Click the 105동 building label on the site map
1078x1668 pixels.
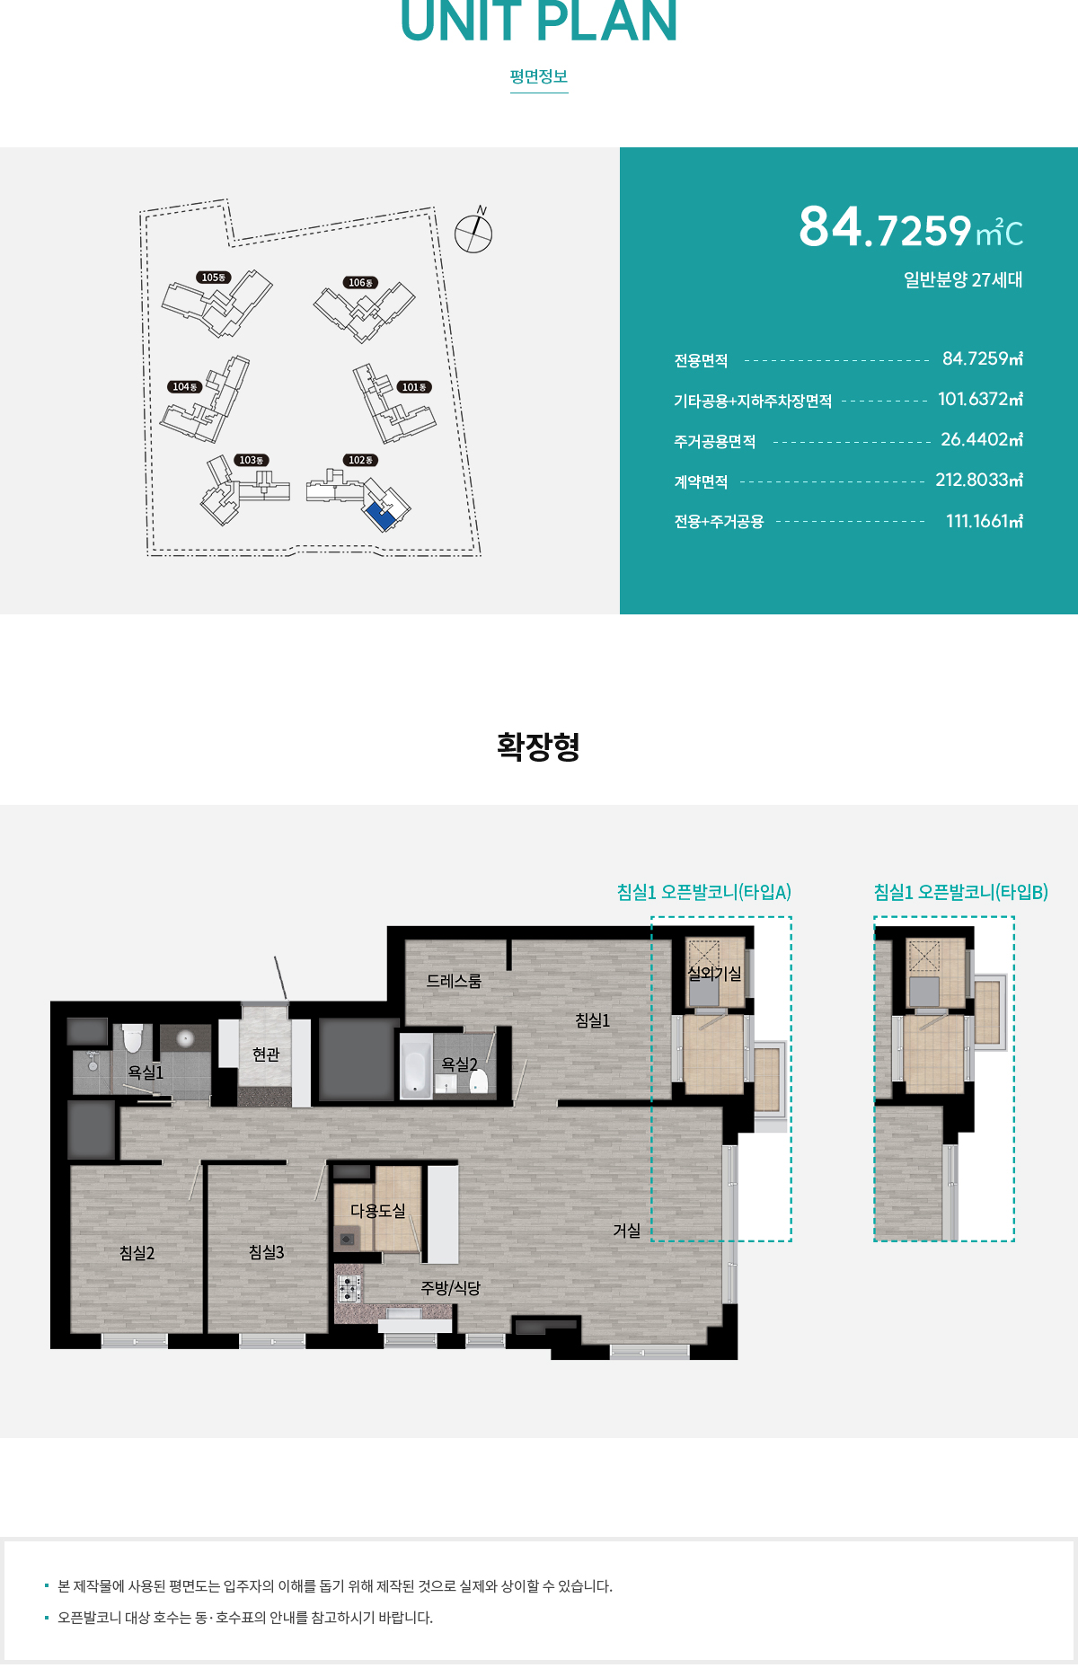(214, 278)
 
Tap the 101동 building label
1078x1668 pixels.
(414, 387)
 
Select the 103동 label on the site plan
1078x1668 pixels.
(251, 460)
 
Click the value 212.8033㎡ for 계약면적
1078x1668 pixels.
(978, 480)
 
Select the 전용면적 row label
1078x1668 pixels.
(701, 361)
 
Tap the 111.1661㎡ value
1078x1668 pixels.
(984, 521)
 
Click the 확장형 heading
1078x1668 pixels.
(538, 746)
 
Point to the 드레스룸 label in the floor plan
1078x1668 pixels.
(454, 981)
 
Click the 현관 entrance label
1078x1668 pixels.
(266, 1054)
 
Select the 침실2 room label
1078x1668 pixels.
(137, 1253)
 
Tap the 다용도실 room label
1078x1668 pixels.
(377, 1211)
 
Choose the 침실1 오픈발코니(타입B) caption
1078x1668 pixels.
(960, 892)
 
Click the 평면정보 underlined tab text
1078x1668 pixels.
(539, 77)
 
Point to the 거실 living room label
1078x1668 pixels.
(627, 1231)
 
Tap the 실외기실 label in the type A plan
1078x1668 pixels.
(714, 974)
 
